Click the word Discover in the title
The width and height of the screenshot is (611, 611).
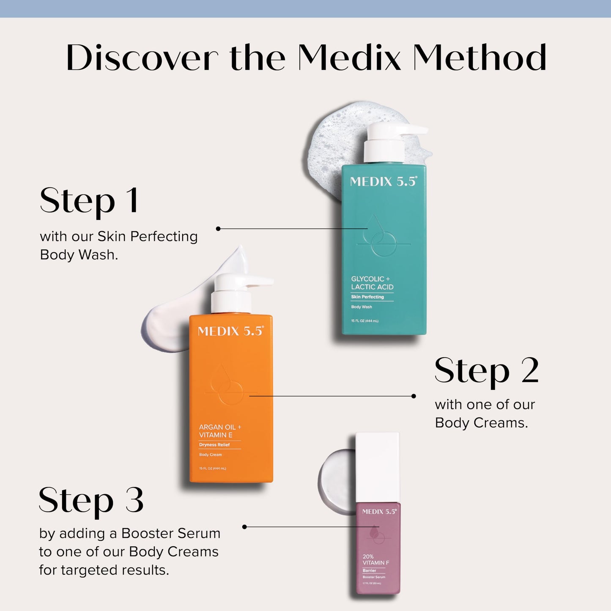142,58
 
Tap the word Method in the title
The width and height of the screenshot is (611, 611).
479,58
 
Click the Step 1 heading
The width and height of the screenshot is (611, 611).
89,201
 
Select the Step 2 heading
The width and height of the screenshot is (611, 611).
486,370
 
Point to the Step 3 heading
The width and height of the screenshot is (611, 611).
91,500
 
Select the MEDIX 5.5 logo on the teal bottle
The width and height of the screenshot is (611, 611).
383,182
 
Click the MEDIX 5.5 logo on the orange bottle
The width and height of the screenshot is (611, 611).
230,331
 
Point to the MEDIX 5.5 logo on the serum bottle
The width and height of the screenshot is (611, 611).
379,512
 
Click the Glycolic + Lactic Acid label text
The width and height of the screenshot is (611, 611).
372,283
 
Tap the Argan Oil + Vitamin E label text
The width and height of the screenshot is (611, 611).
220,431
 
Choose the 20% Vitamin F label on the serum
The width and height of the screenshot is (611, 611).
375,559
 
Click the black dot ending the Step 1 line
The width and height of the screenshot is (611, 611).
218,229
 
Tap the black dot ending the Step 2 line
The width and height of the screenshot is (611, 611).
414,396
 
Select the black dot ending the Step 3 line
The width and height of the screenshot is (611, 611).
244,527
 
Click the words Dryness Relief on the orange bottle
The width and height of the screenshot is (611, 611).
214,445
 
